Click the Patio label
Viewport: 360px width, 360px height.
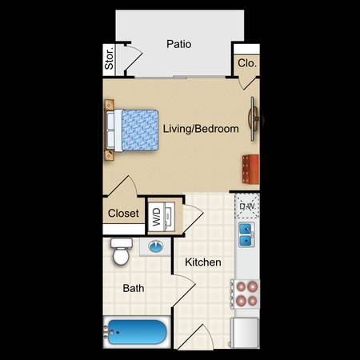(179, 44)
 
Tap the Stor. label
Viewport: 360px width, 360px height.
(109, 59)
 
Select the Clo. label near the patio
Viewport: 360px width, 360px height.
(247, 63)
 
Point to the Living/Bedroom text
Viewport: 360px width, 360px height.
(201, 129)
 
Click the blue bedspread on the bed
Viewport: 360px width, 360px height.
(140, 130)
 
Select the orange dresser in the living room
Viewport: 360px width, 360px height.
(250, 169)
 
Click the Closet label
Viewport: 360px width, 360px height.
(123, 214)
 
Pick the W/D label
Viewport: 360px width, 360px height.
(157, 217)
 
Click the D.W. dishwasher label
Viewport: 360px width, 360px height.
(248, 206)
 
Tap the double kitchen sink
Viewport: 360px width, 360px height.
(246, 234)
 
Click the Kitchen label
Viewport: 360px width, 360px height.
(203, 262)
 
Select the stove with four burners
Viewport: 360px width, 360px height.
(245, 294)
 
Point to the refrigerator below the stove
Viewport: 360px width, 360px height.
(245, 333)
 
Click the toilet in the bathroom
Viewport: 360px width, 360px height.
(122, 251)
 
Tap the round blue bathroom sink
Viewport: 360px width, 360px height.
(156, 246)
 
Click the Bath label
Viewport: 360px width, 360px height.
(134, 288)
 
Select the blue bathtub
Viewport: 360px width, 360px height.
(137, 332)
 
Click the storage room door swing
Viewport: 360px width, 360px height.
(133, 58)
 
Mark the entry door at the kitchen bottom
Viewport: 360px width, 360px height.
(195, 337)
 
